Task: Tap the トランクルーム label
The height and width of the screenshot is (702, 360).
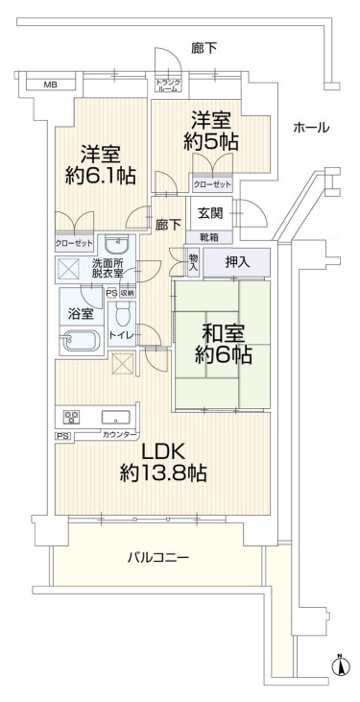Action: coord(168,85)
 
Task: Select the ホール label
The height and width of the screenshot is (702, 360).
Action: coord(311,128)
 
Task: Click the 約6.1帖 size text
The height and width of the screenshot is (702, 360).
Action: coord(100,177)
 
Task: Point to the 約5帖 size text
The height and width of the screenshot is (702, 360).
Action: coord(210,142)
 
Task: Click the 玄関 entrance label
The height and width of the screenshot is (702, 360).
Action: coord(211,213)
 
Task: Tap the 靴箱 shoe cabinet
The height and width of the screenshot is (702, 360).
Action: coord(209,236)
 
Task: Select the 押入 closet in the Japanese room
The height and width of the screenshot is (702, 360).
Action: coord(237,263)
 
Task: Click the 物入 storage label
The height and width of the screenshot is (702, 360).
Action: coord(193,262)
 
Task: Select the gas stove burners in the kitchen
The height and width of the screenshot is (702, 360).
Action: coord(72,418)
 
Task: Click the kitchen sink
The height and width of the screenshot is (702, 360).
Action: coord(116,418)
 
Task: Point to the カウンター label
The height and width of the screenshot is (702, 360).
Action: coord(118,434)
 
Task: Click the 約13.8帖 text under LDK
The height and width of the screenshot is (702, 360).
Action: coord(163,472)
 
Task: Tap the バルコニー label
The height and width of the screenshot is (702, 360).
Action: coord(158,558)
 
